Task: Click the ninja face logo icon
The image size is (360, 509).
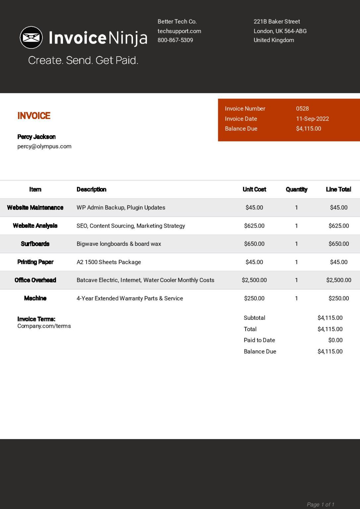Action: [x=31, y=37]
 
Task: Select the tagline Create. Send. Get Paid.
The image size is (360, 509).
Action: [x=83, y=60]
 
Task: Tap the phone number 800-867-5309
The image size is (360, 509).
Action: [x=175, y=40]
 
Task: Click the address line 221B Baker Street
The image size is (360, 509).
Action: [x=276, y=22]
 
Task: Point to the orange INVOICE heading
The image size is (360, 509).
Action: [x=34, y=116]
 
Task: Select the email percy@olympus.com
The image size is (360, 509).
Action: [x=44, y=146]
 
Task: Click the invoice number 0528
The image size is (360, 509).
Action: [x=302, y=109]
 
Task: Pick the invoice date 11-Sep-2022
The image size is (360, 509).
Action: [x=312, y=119]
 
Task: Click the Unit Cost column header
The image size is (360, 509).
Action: [x=254, y=189]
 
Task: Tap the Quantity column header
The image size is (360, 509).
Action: [x=296, y=189]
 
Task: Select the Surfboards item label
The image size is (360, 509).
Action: [x=35, y=244]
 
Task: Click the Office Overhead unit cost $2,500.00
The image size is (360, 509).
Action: [x=254, y=280]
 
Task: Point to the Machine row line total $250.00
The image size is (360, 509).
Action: [x=338, y=298]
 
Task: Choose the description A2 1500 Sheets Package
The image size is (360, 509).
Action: [x=109, y=262]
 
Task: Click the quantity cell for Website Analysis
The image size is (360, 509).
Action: [x=296, y=226]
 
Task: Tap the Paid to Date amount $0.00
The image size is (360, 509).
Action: [x=335, y=340]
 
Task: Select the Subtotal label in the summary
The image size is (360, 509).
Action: [x=254, y=318]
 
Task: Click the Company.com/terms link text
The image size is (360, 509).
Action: [x=44, y=326]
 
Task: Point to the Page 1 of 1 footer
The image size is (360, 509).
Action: [x=320, y=504]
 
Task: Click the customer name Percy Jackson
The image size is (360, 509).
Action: [x=36, y=137]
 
